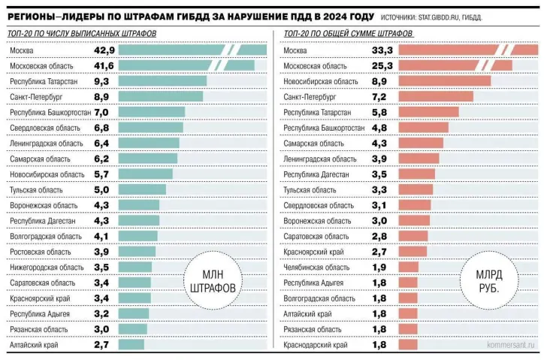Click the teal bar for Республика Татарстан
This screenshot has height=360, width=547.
point(162,81)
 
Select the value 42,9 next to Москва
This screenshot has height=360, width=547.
point(104,50)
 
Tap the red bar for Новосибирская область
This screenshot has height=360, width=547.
point(444,81)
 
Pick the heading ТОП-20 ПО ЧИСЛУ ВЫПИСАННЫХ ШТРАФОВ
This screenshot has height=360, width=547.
point(82,35)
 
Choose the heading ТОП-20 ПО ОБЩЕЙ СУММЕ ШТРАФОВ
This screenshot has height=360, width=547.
point(346,35)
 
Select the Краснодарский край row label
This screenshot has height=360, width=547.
point(315,344)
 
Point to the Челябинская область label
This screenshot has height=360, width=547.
point(316,267)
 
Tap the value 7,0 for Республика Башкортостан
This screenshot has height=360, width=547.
point(102,112)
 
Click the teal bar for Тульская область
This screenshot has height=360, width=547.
point(142,189)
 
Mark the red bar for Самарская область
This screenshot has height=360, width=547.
point(421,143)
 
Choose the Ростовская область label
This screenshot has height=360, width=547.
point(41,252)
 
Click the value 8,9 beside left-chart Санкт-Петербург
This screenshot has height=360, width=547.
point(102,96)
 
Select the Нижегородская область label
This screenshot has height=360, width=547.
point(47,267)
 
